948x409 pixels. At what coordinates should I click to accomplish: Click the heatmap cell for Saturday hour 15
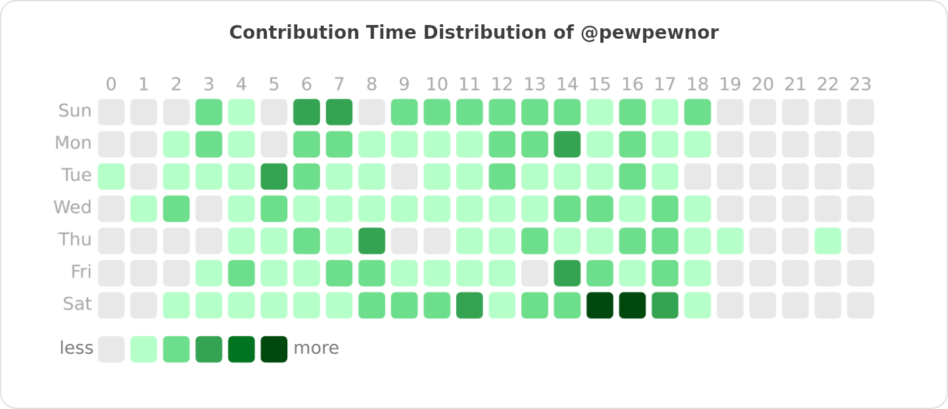click(x=600, y=305)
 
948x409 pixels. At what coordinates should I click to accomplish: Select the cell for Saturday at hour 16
click(x=632, y=305)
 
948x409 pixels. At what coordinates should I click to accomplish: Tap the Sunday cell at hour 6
click(x=306, y=112)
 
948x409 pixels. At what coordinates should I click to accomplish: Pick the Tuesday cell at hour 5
click(x=274, y=176)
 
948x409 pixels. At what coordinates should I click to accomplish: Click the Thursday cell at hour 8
click(x=371, y=241)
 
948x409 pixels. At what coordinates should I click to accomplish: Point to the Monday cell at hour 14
click(x=567, y=144)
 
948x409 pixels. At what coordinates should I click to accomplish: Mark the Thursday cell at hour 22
click(x=828, y=241)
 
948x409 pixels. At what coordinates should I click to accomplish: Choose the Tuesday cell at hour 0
click(x=111, y=176)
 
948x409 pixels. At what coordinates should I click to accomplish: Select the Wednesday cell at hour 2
click(x=176, y=208)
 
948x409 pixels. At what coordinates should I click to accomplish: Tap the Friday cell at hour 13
click(x=534, y=273)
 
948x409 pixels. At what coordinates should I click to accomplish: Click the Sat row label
click(x=77, y=304)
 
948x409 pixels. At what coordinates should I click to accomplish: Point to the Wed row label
click(x=72, y=208)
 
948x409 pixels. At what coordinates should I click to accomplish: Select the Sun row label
click(x=75, y=111)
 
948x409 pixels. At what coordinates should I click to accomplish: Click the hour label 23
click(x=860, y=84)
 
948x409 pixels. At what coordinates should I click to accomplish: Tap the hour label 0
click(x=111, y=84)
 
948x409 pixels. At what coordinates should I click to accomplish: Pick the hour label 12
click(x=502, y=84)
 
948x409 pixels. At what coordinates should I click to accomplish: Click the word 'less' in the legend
click(x=76, y=348)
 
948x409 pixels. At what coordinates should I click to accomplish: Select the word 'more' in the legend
click(x=316, y=348)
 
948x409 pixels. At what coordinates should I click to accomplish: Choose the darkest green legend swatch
click(x=274, y=349)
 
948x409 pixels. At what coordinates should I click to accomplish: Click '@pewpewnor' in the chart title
click(x=650, y=32)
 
